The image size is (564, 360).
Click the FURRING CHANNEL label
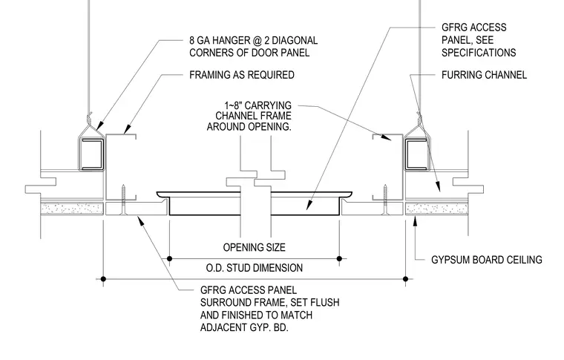coord(484,75)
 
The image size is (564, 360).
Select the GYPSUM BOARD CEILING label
coord(486,260)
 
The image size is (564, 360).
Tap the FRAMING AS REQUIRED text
coord(242,75)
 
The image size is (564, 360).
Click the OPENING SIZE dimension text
coord(254,247)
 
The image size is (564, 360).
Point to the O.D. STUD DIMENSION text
coord(254,268)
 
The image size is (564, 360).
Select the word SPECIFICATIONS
coord(479,53)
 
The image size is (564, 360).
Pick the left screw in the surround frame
coord(123,200)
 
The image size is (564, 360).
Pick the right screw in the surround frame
coord(386,200)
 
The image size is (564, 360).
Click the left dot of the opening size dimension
coord(169,258)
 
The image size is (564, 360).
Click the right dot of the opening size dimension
coord(339,258)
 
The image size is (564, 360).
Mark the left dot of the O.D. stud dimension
coord(103,278)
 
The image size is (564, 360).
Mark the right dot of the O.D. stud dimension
coord(406,278)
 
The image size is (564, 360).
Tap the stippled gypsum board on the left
coord(72,209)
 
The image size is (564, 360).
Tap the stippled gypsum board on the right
coord(436,209)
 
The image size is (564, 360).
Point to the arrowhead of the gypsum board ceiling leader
coord(415,220)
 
